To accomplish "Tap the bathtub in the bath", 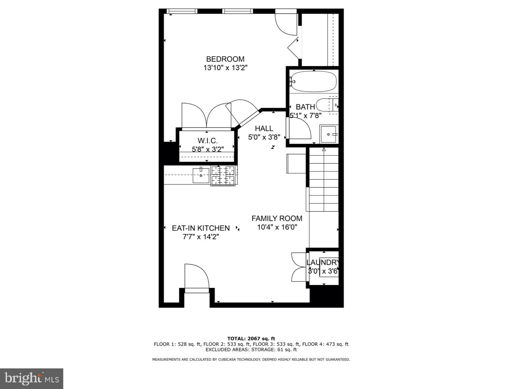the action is (314, 81).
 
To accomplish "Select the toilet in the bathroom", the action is (327, 105).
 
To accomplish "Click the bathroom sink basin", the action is (328, 134).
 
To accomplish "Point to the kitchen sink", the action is (201, 175).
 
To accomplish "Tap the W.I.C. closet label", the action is (207, 141).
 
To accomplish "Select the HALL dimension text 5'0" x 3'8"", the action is (264, 137).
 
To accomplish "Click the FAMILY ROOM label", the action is (277, 218).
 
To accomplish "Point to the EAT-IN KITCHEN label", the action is (201, 228).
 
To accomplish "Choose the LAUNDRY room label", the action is (323, 262).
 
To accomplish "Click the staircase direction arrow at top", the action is (324, 149).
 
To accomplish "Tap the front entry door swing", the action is (197, 276).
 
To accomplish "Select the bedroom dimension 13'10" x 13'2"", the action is (225, 68).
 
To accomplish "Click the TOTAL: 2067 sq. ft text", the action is (251, 339).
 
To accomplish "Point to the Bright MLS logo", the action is (32, 378).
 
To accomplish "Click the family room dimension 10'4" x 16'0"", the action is (277, 227).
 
